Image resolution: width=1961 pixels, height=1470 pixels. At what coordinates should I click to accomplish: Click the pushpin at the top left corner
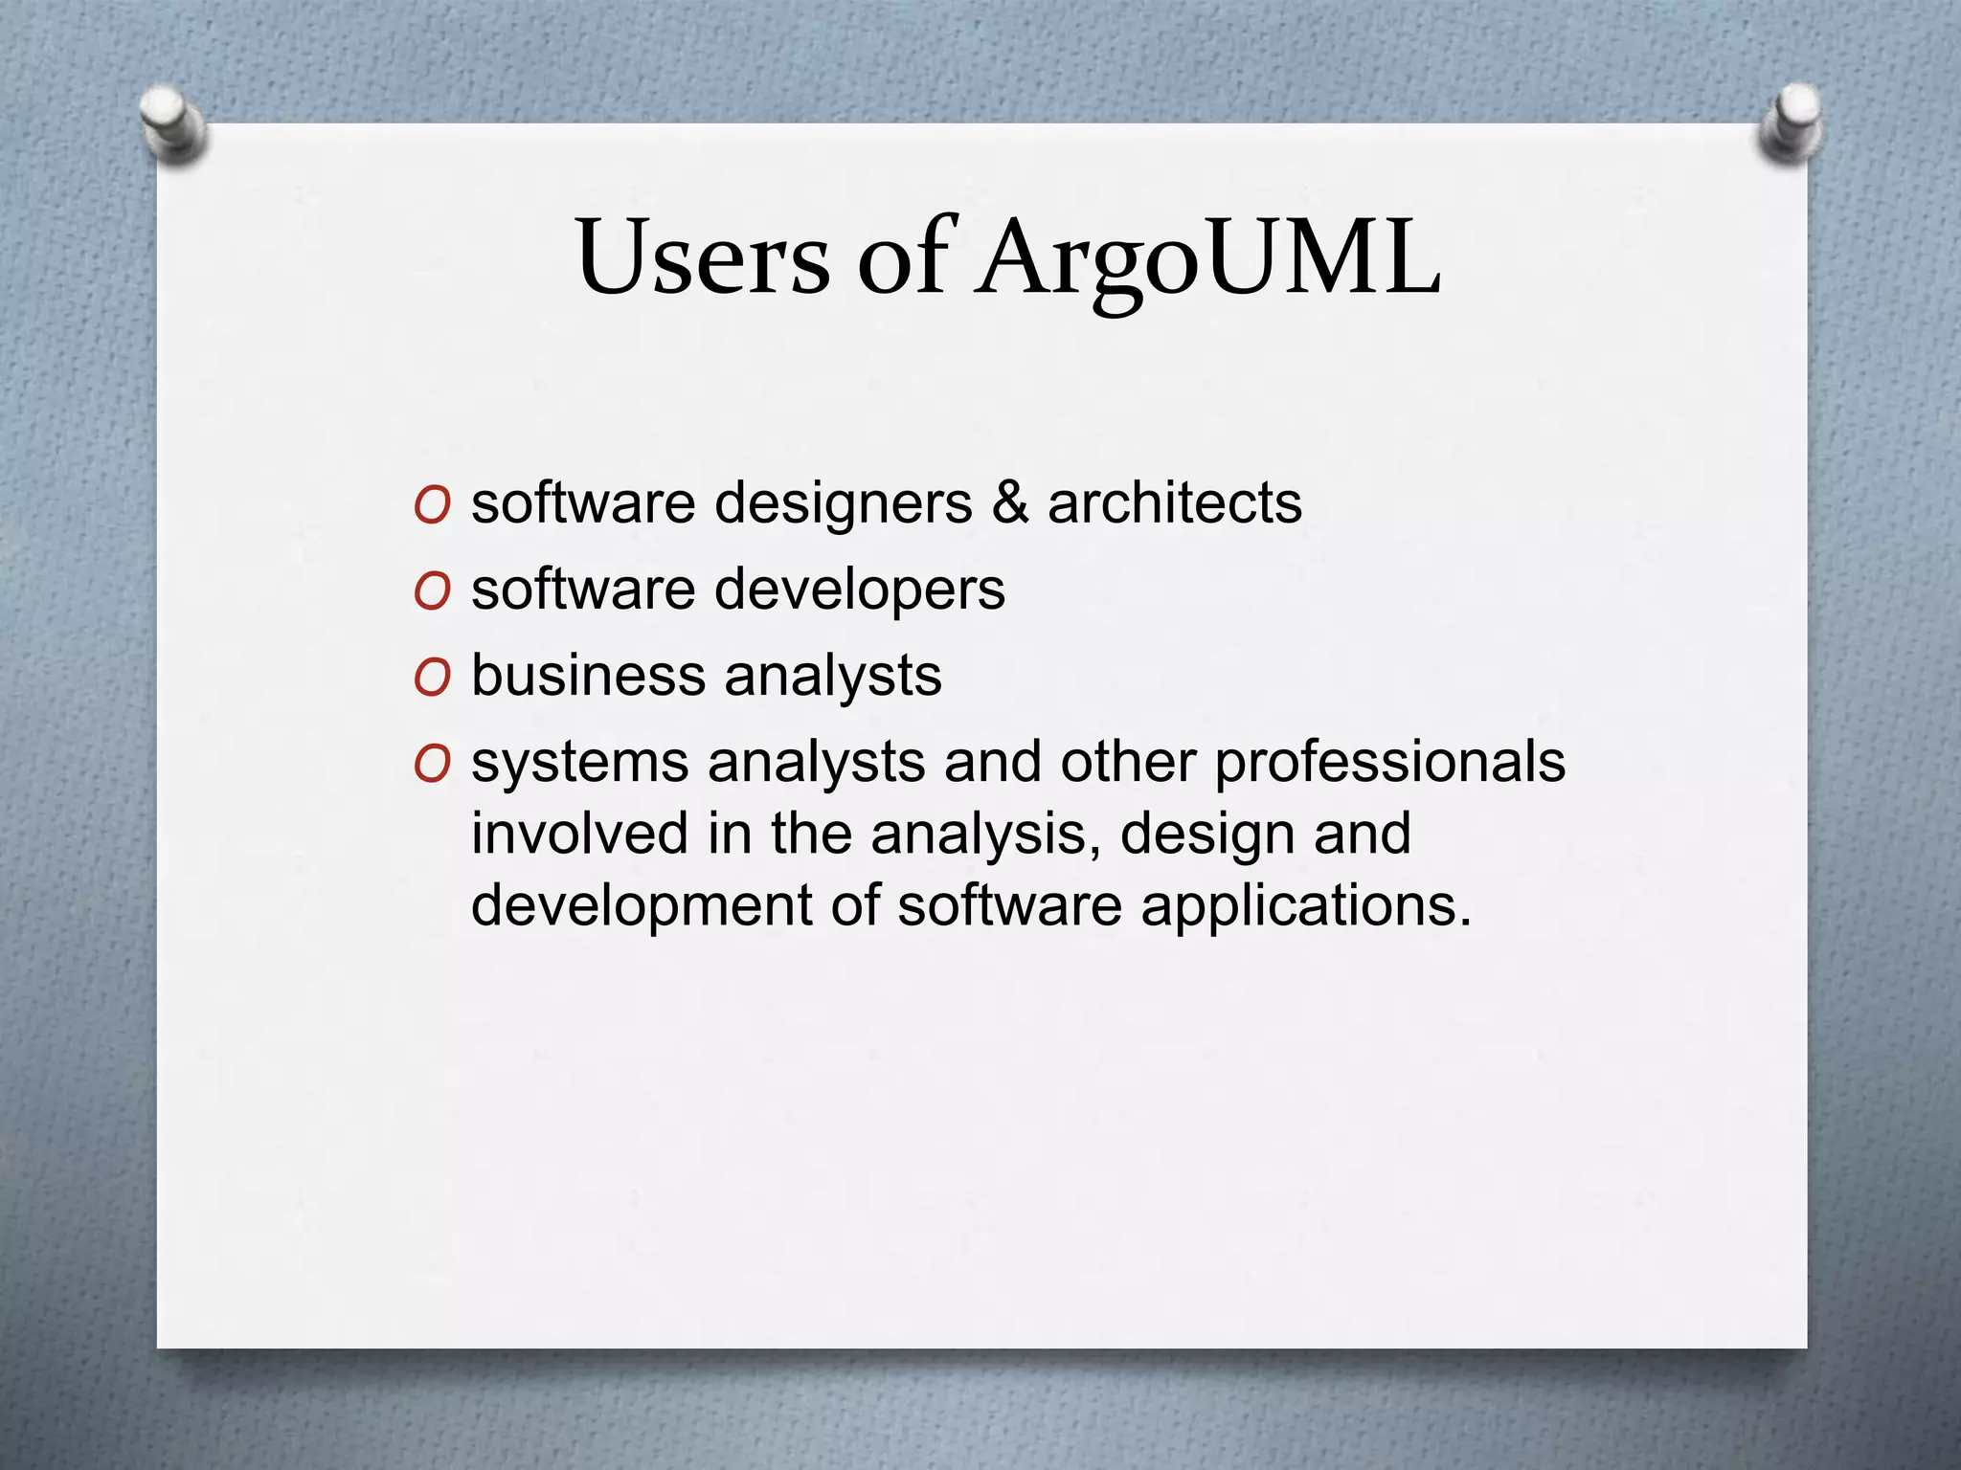[172, 124]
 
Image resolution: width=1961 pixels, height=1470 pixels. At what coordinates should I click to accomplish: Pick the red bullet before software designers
[432, 505]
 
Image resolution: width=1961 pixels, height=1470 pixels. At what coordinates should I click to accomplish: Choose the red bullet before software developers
[432, 591]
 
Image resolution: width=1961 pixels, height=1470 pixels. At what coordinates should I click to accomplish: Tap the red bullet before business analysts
[432, 679]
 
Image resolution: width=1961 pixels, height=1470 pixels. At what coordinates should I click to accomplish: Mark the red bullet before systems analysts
[432, 765]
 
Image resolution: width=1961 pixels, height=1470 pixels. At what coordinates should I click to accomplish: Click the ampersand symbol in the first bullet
[1010, 502]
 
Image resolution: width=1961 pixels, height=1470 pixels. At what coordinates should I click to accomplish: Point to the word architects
[1175, 502]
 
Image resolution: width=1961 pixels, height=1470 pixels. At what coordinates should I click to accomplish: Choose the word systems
[579, 764]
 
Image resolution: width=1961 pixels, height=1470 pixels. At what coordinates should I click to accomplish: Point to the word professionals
[1389, 764]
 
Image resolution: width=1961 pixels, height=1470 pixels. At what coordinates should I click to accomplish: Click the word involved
[579, 833]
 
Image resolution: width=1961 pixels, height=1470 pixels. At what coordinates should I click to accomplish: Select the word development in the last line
[641, 905]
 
